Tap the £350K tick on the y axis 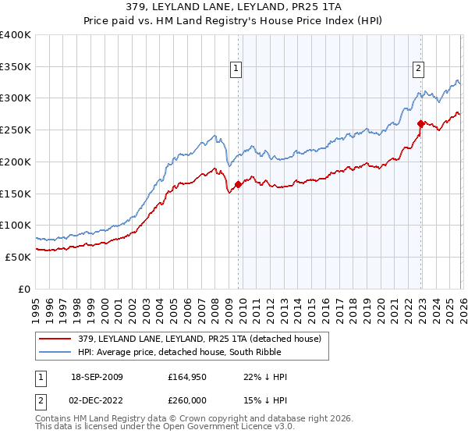[x=16, y=66]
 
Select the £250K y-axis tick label [x=16, y=130]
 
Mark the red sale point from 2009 [x=238, y=184]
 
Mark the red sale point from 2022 [x=420, y=123]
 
